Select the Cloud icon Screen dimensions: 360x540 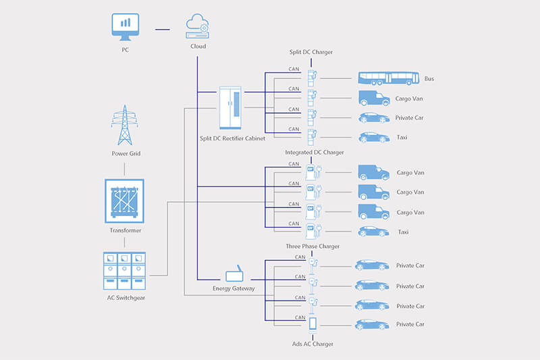[x=197, y=28]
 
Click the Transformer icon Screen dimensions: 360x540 [x=124, y=201]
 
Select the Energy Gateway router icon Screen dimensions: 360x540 [x=234, y=274]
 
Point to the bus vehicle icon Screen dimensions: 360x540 [x=383, y=78]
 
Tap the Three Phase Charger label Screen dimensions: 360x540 [x=313, y=246]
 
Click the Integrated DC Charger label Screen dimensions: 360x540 [x=314, y=152]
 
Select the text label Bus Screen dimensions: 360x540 [x=429, y=79]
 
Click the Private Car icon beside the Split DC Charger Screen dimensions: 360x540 [x=373, y=118]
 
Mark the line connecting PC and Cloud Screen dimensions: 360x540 [x=162, y=29]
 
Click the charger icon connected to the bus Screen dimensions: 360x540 [x=313, y=78]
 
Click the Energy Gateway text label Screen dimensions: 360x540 [x=233, y=289]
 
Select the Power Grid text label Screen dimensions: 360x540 [x=126, y=153]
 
